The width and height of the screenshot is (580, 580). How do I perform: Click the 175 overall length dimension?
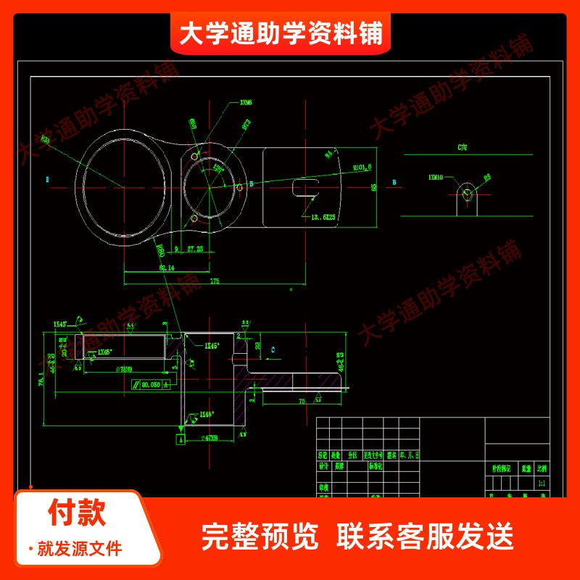[x=215, y=281]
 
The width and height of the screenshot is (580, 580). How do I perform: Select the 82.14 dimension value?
[x=166, y=268]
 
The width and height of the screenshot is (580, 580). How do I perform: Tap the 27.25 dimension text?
[x=194, y=249]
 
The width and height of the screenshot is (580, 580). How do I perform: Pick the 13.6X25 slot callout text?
[x=323, y=216]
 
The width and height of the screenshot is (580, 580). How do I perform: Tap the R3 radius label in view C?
[x=487, y=176]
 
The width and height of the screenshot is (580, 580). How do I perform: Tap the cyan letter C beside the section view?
[x=272, y=349]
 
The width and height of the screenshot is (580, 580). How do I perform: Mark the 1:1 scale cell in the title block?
[x=541, y=482]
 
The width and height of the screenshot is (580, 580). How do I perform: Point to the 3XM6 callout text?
[x=246, y=103]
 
